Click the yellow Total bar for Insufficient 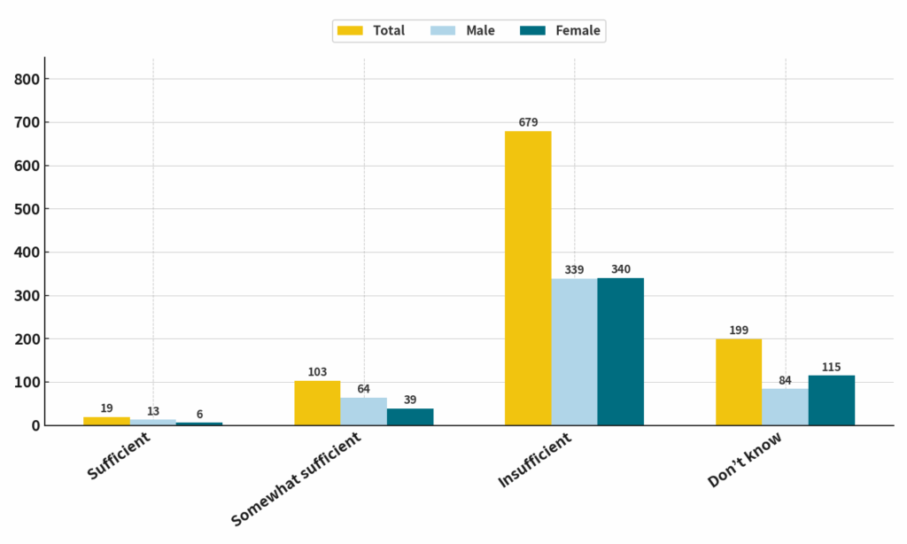click(x=528, y=278)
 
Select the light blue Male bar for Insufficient click(x=574, y=352)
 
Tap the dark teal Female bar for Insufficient click(x=620, y=352)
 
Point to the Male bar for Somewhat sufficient click(x=363, y=411)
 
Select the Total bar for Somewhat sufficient click(x=317, y=403)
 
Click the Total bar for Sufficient click(x=106, y=421)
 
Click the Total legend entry click(x=371, y=31)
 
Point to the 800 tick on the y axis click(x=27, y=80)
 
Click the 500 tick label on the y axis click(x=27, y=209)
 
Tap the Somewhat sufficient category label click(x=296, y=479)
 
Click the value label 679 click(x=528, y=122)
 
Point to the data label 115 click(x=831, y=367)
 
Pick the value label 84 click(x=785, y=380)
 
